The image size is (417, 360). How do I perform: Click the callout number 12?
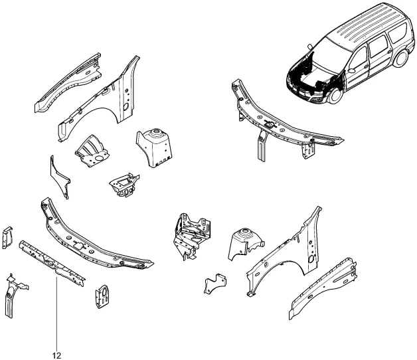coord(56,355)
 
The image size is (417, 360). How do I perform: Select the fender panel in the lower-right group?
coord(284,256)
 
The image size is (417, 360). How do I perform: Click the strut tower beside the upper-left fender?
coord(154,148)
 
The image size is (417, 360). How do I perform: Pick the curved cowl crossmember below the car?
coord(285,119)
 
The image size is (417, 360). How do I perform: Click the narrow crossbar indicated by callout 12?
coord(52,264)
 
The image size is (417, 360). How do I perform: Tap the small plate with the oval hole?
coord(102,296)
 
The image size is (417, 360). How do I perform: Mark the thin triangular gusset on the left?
coord(60,177)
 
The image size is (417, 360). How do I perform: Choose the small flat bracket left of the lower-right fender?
coord(215,284)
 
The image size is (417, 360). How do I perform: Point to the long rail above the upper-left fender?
coord(68,82)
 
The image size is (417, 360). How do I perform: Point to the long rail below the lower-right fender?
coord(323,288)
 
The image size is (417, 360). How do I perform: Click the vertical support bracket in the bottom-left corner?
coord(15,296)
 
